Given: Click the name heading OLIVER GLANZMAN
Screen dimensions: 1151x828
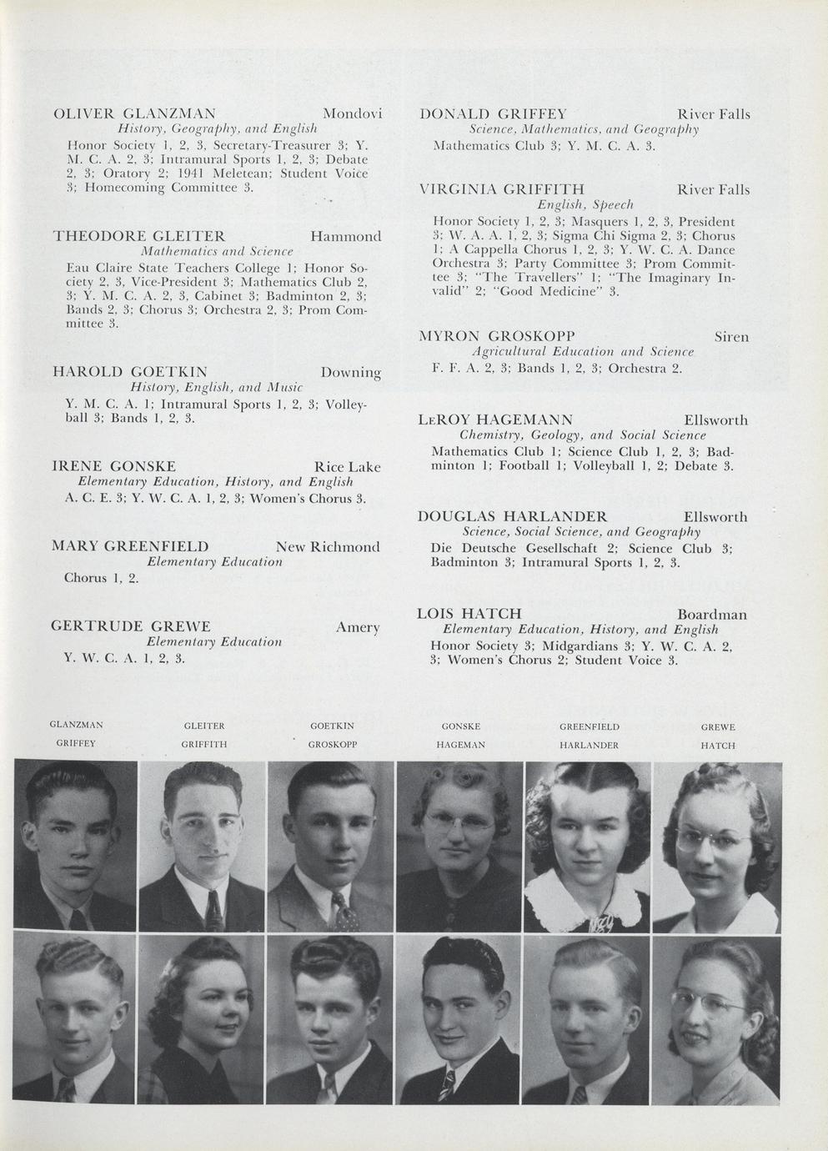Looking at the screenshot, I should [134, 113].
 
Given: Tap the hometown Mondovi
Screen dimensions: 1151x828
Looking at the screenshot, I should [352, 113].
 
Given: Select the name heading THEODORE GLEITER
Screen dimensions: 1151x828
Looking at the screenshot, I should [138, 236].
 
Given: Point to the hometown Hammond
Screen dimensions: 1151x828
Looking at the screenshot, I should [345, 236].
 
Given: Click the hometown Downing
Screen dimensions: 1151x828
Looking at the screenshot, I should [350, 372].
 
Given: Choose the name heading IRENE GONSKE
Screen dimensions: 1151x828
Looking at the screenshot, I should [113, 466].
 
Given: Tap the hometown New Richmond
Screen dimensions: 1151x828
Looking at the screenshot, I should [328, 547].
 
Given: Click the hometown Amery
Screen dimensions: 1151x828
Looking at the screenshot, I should [358, 627].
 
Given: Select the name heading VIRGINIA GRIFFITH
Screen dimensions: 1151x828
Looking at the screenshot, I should [501, 189].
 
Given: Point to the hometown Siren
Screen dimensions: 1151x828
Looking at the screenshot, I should [731, 337].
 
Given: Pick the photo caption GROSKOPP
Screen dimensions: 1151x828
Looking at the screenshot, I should [333, 745].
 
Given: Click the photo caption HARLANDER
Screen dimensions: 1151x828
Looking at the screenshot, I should [589, 745].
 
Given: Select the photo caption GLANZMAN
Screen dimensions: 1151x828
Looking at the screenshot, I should [77, 726].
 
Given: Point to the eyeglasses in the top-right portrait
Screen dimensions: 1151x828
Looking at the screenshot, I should [716, 838].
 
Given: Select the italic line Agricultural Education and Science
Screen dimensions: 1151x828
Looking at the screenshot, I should [583, 352].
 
